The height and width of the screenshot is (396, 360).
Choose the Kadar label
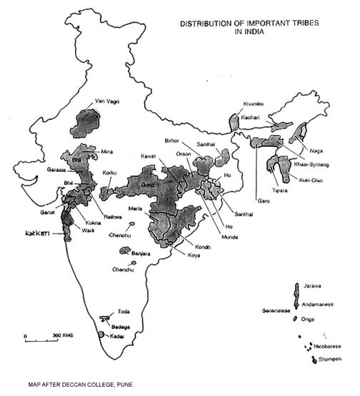click(x=119, y=335)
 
